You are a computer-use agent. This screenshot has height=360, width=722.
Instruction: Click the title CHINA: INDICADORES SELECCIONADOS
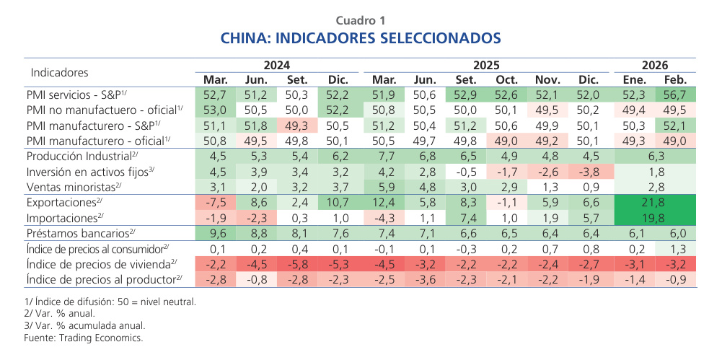coord(360,37)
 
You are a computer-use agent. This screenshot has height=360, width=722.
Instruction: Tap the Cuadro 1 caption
coord(360,19)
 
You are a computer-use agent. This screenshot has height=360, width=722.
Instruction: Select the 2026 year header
coord(654,65)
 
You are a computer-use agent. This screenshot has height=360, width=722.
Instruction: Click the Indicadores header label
coord(59,72)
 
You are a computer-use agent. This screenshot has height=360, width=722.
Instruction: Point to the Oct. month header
coord(507,79)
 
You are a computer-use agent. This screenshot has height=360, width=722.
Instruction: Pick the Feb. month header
coord(674,79)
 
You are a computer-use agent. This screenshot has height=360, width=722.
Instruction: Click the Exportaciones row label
coord(63,202)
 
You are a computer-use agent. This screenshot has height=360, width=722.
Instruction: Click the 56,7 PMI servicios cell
coord(674,95)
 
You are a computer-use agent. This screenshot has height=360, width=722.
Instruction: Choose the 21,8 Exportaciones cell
coord(654,202)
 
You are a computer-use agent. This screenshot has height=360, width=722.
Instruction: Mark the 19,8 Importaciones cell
coord(654,218)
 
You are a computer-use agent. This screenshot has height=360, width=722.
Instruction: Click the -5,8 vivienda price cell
coord(298,264)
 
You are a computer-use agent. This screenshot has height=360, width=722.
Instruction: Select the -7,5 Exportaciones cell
coord(216,202)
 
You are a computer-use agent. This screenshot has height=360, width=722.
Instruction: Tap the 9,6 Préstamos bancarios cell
coord(216,233)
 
